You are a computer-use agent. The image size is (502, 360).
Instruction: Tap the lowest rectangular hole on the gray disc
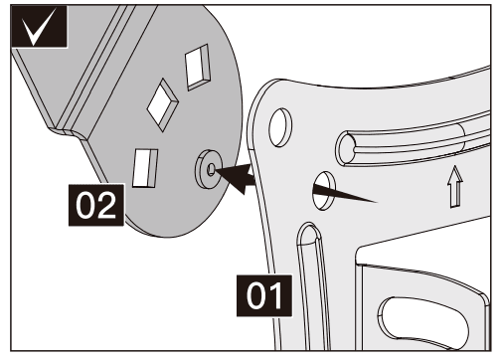tap(144, 166)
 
